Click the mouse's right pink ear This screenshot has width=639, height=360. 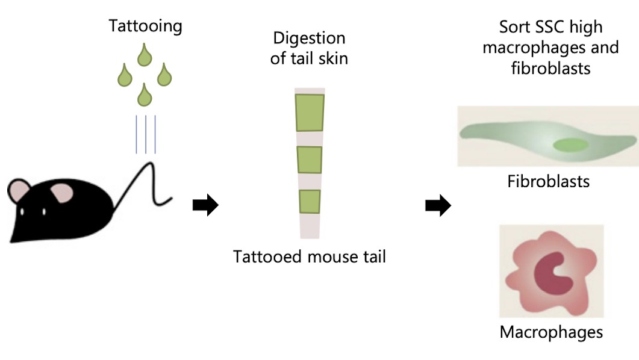coord(61,193)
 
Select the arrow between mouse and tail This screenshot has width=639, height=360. coord(205,206)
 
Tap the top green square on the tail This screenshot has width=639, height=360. coord(310,112)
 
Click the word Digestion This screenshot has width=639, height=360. coord(310,39)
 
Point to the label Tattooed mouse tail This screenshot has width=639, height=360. coord(310,257)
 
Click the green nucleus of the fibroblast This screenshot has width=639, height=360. coord(571,144)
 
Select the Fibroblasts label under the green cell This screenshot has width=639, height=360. coord(548,181)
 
